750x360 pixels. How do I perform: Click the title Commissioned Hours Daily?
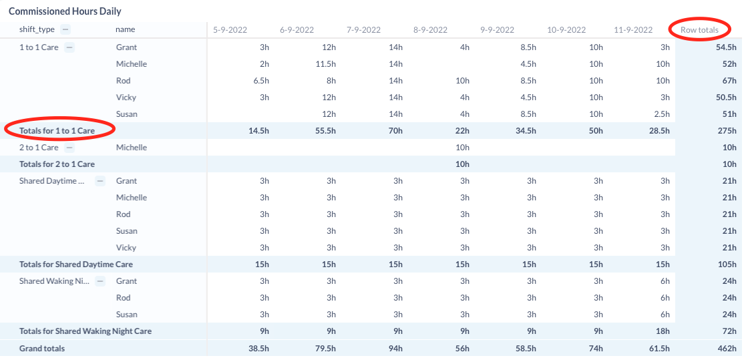pos(65,11)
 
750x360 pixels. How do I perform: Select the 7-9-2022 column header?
pos(363,29)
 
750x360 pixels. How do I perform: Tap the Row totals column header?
pos(699,29)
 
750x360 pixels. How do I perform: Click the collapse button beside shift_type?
pos(65,29)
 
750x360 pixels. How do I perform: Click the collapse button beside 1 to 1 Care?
pos(69,47)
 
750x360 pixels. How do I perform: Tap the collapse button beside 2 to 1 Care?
pos(69,148)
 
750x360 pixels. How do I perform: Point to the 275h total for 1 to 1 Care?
pos(727,131)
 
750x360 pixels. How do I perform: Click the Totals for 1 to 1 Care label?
pos(57,131)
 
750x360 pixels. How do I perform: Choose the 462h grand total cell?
pos(727,348)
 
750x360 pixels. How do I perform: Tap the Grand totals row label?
pos(42,348)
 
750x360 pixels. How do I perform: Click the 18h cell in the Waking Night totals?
pos(663,331)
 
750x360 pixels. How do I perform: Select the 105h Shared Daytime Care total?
pos(727,264)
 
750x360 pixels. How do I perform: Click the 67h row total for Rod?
pos(729,81)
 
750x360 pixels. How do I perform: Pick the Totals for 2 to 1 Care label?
pos(57,164)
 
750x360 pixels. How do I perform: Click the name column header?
pos(125,29)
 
